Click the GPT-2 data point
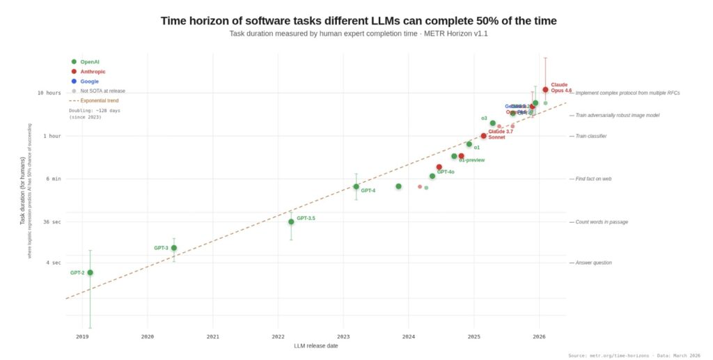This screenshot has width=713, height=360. point(90,272)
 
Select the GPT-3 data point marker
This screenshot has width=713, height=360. point(174,248)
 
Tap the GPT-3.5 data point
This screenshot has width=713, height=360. point(291,221)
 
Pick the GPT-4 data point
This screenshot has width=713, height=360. point(356,187)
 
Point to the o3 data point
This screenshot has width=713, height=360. point(493,123)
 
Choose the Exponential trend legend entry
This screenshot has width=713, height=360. point(98,100)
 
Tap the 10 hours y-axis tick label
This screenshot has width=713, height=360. point(49,93)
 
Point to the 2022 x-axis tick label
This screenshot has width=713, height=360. point(278,336)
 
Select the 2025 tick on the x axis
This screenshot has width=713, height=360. point(474,336)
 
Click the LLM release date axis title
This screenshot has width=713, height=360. point(316,346)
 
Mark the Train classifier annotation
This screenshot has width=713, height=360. point(591,136)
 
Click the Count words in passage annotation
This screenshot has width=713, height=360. point(602,222)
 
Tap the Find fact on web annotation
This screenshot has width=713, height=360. point(593,179)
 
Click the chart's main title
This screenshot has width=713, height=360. point(359,20)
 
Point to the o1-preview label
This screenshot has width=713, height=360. point(471,160)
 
